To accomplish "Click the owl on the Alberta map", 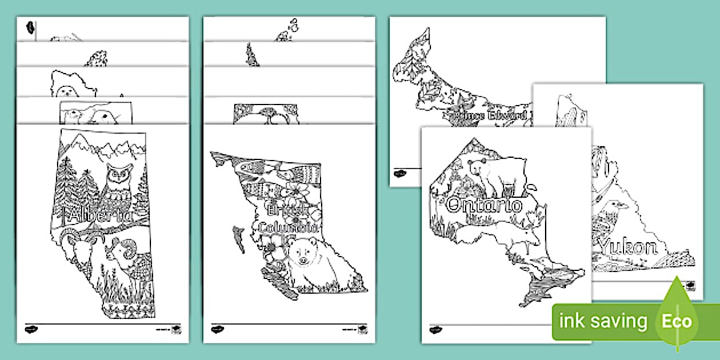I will tap(121, 180).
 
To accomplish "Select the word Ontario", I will tap(485, 205).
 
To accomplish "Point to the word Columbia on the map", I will tap(287, 227).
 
